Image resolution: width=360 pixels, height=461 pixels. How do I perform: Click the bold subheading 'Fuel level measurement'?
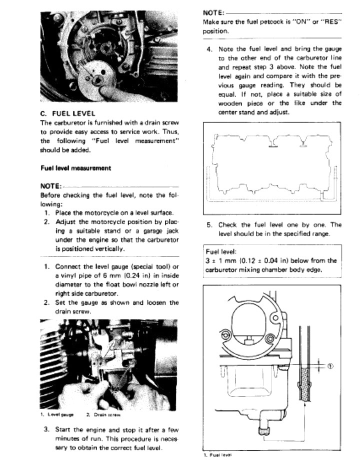tap(75, 168)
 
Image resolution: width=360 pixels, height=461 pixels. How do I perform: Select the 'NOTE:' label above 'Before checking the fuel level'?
tap(51, 185)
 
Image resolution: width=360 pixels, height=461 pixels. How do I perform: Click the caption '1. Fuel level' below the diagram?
tap(217, 455)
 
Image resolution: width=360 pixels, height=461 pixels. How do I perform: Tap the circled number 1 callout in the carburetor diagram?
tap(330, 365)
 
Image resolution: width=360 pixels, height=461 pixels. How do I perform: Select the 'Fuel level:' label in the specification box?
tap(220, 252)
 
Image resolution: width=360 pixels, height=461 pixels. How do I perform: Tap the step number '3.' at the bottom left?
tap(46, 429)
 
